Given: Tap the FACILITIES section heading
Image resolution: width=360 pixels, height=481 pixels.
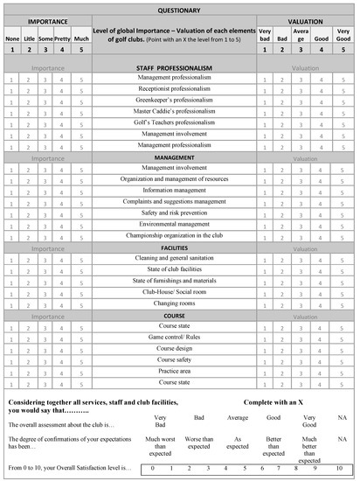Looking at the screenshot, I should (x=179, y=247).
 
